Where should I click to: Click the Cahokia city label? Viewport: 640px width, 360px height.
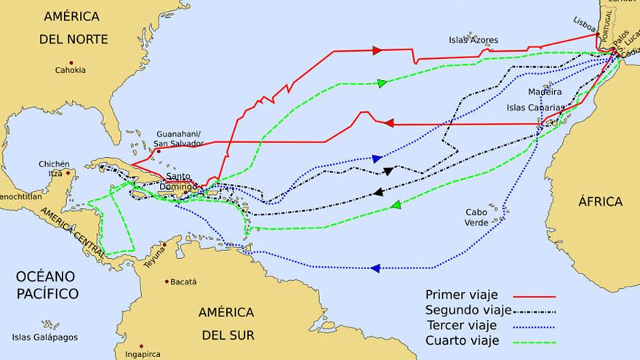[x=70, y=71]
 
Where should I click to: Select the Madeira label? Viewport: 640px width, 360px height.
[x=545, y=92]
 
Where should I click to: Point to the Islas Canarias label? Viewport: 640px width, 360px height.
[x=535, y=108]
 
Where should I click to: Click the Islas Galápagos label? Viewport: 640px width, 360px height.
[x=44, y=337]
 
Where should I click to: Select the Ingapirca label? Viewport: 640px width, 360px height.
[x=141, y=356]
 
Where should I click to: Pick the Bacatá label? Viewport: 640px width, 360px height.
[x=183, y=281]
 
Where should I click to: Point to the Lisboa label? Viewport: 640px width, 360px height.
[x=584, y=21]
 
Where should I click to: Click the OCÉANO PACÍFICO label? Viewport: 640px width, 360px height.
[x=47, y=285]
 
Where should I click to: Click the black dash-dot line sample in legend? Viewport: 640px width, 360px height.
[x=534, y=311]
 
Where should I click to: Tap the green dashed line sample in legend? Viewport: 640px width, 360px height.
[x=534, y=341]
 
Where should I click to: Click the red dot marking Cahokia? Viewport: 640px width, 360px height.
[x=71, y=62]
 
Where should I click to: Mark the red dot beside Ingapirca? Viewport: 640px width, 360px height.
[x=140, y=346]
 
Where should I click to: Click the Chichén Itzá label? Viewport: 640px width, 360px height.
[x=55, y=168]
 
